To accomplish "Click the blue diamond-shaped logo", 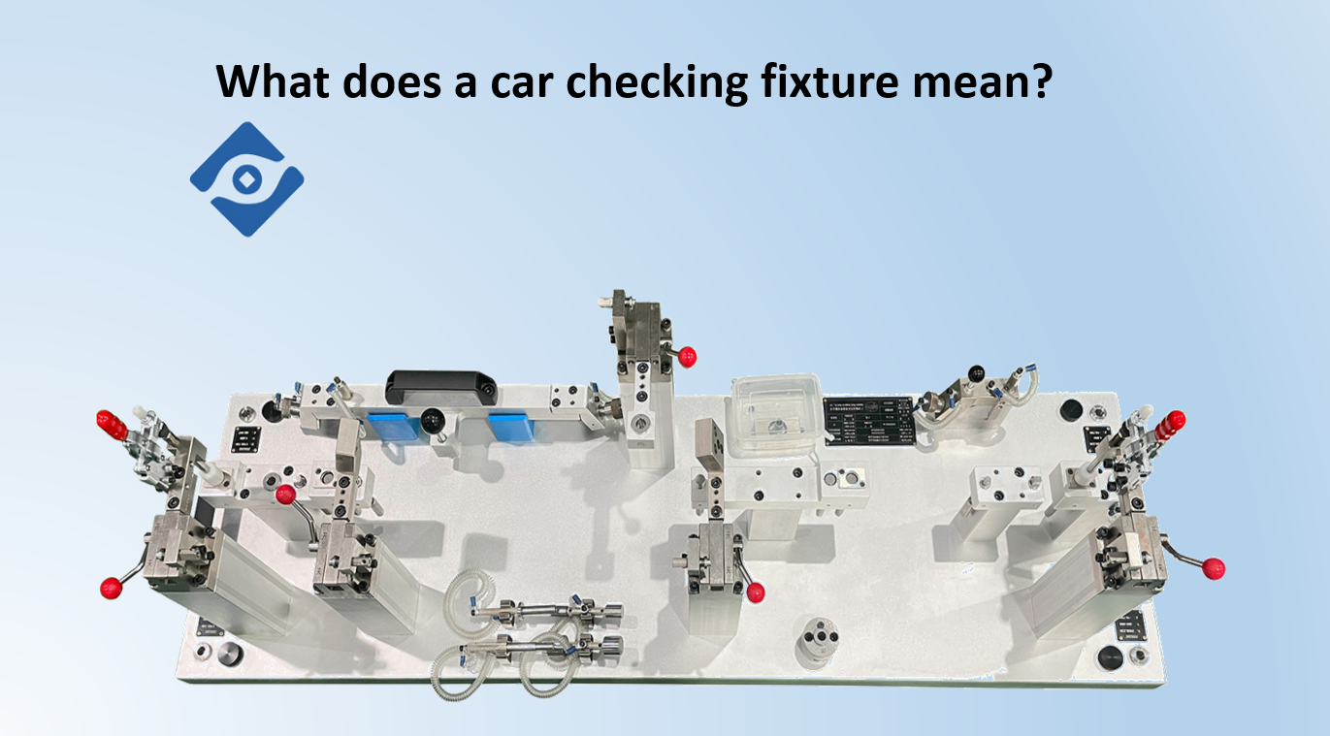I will coord(246,179).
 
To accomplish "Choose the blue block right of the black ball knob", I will coord(509,425).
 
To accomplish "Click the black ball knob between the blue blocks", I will coord(430,418).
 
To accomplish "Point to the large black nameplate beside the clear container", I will coord(869,421).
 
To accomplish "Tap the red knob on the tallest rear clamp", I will coord(688,356).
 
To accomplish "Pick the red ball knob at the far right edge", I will coord(1213,568).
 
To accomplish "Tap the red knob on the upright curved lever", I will coord(285,496).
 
